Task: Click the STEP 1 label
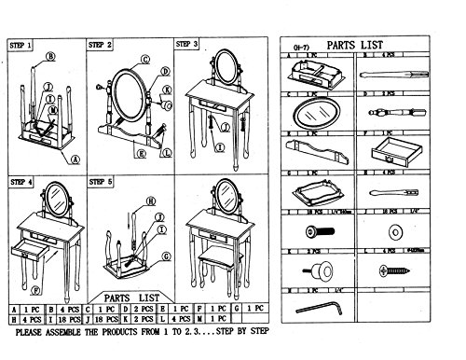point(21,44)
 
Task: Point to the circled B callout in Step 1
point(50,55)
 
